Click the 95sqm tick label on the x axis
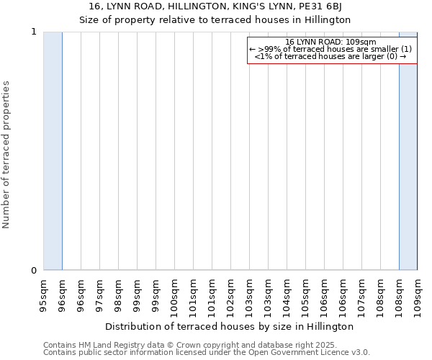pos(43,294)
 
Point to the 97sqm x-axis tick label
pos(99,294)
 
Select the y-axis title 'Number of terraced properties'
pos(6,154)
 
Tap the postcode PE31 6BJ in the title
pos(334,7)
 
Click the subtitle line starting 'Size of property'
pos(215,19)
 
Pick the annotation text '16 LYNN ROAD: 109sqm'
pos(330,42)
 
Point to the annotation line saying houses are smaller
pos(330,49)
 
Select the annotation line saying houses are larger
pos(330,56)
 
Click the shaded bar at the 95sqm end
pos(53,151)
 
